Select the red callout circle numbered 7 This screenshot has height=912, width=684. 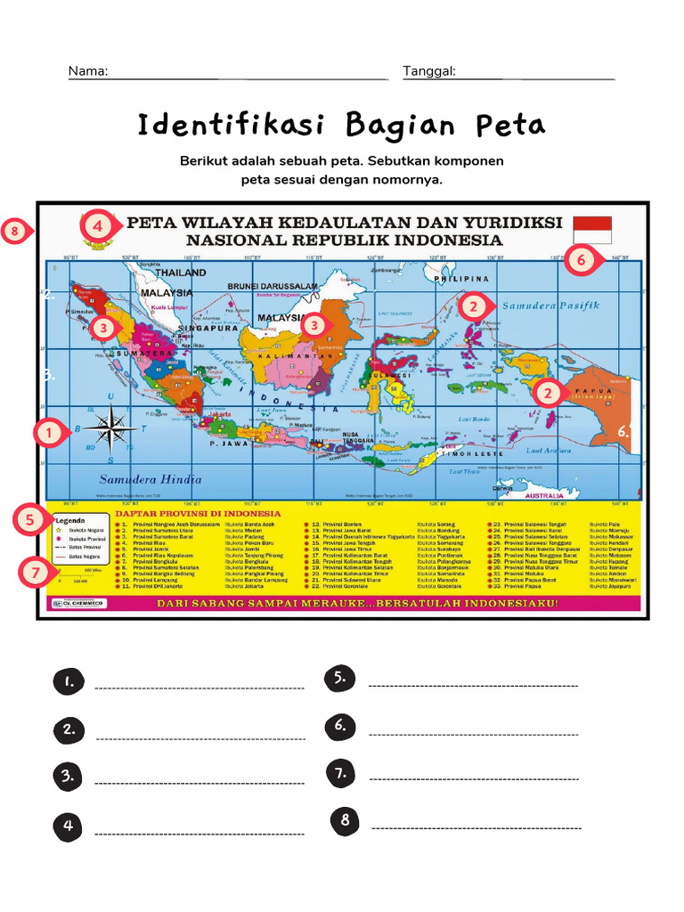[34, 573]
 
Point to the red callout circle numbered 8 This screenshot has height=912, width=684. [15, 233]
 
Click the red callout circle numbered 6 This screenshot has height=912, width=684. [580, 260]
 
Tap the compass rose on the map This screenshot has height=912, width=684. [110, 427]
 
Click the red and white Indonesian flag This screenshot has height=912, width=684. [592, 229]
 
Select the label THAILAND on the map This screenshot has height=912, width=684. [181, 273]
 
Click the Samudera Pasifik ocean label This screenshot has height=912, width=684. [550, 305]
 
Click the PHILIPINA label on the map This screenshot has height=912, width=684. [456, 279]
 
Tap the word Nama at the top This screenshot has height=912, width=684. [88, 71]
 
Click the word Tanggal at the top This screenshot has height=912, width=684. [429, 71]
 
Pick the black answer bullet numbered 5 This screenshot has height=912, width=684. [340, 678]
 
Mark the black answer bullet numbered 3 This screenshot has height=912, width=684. [68, 776]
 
